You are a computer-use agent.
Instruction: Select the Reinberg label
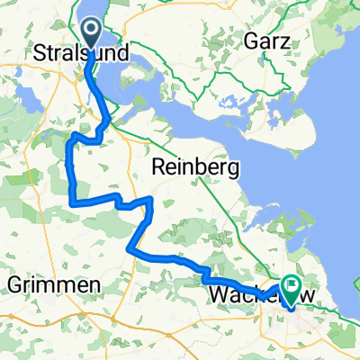pos(194,166)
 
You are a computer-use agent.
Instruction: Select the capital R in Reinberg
pos(159,166)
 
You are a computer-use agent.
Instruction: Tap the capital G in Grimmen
pos(14,285)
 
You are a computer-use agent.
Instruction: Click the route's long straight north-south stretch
pos(69,171)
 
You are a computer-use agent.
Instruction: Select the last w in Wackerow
pos(297,295)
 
